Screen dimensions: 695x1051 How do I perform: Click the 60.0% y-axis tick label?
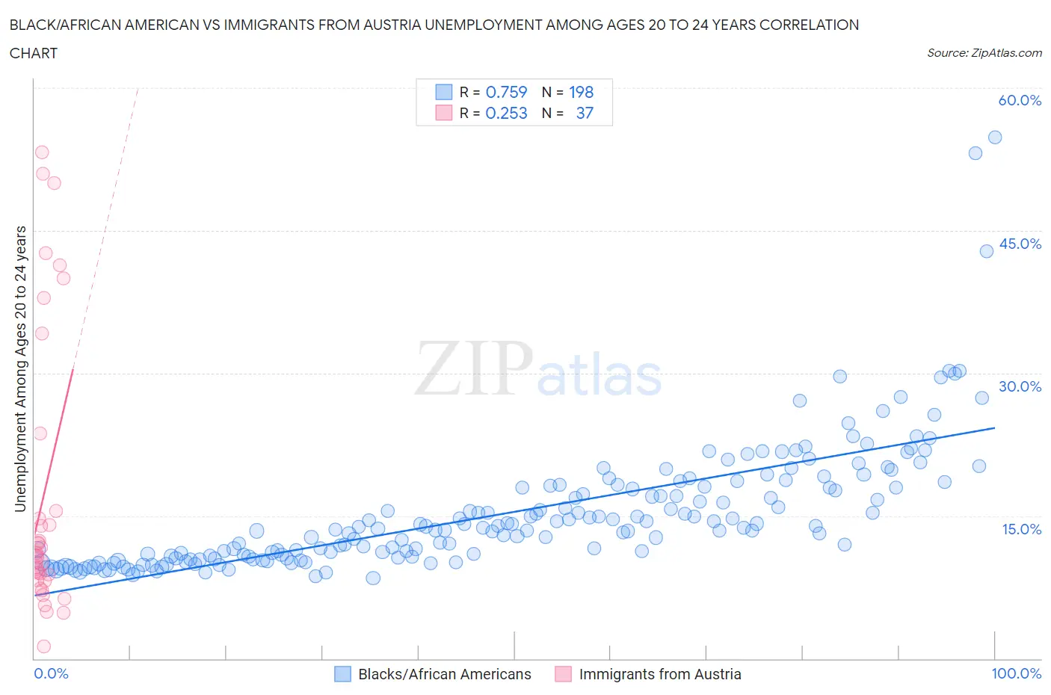pos(1020,101)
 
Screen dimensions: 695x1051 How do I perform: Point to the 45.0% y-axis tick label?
pos(1020,244)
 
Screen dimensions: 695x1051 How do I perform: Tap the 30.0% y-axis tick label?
pos(1020,386)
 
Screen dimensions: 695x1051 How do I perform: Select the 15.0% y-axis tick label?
pos(1020,529)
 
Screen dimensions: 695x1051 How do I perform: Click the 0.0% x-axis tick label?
pos(52,673)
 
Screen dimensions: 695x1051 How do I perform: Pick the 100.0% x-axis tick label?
pos(1016,673)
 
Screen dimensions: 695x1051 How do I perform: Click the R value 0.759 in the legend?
pos(506,92)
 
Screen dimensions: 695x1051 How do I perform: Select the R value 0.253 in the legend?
pos(506,113)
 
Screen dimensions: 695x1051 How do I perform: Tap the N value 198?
pos(581,92)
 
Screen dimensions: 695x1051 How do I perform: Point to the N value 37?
pos(585,113)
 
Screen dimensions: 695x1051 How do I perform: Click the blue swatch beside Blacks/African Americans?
pos(342,674)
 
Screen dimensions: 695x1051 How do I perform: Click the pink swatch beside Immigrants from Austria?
pos(563,674)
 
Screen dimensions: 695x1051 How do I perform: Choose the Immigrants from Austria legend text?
pos(660,674)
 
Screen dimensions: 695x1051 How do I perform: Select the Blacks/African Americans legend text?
pos(445,674)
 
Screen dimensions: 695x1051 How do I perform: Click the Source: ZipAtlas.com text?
pos(984,53)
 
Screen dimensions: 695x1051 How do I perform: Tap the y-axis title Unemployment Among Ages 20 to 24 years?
pos(21,368)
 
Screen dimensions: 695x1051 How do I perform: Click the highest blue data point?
pos(995,138)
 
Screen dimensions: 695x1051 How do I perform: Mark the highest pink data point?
pos(42,152)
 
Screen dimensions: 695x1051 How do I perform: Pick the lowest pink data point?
pos(44,646)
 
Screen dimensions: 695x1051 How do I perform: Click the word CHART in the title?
pos(34,53)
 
